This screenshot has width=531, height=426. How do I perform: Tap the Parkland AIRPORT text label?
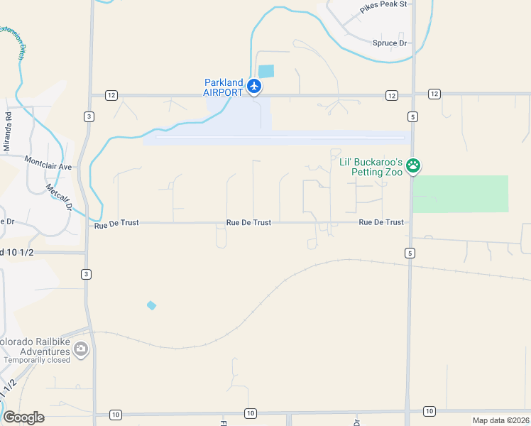click(223, 87)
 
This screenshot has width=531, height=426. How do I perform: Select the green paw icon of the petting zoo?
click(413, 166)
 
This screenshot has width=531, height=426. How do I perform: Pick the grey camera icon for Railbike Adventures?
click(81, 348)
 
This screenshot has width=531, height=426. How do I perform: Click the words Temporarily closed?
click(37, 360)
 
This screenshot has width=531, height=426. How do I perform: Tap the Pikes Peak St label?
click(383, 5)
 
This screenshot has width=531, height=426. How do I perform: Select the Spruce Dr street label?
click(390, 43)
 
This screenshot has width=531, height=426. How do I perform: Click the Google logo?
click(23, 417)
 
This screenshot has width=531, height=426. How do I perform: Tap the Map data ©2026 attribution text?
click(500, 420)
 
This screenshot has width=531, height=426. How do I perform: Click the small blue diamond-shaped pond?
click(151, 305)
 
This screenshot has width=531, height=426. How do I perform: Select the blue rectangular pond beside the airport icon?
click(265, 71)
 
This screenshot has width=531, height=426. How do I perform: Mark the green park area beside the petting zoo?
click(461, 193)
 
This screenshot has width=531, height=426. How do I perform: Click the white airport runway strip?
click(280, 138)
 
